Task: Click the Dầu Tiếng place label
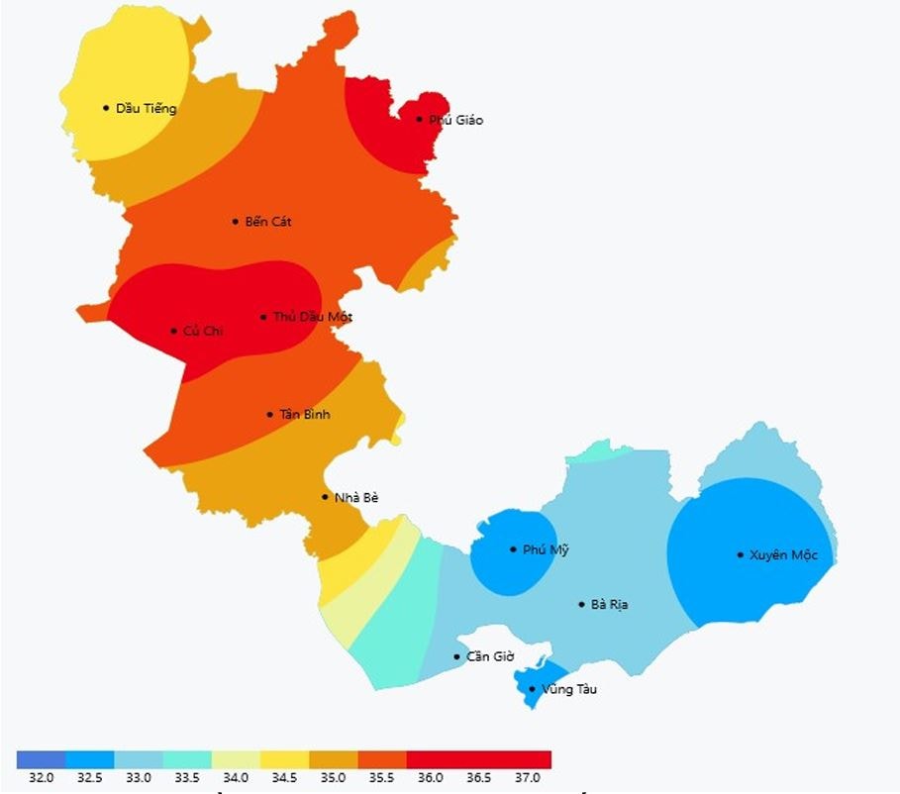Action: [x=146, y=108]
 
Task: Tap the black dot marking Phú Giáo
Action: [x=419, y=119]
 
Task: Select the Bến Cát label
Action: [x=267, y=222]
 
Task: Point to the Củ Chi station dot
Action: [x=174, y=331]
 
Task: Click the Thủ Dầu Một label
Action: [x=312, y=318]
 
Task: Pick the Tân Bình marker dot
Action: [x=269, y=414]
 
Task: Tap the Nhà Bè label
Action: [x=356, y=497]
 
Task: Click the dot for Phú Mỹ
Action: [x=513, y=549]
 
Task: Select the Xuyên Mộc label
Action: [x=783, y=554]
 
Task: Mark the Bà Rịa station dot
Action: [x=582, y=604]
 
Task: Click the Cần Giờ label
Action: [x=490, y=656]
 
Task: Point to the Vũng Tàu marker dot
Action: [x=532, y=689]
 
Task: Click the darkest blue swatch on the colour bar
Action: [x=41, y=759]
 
